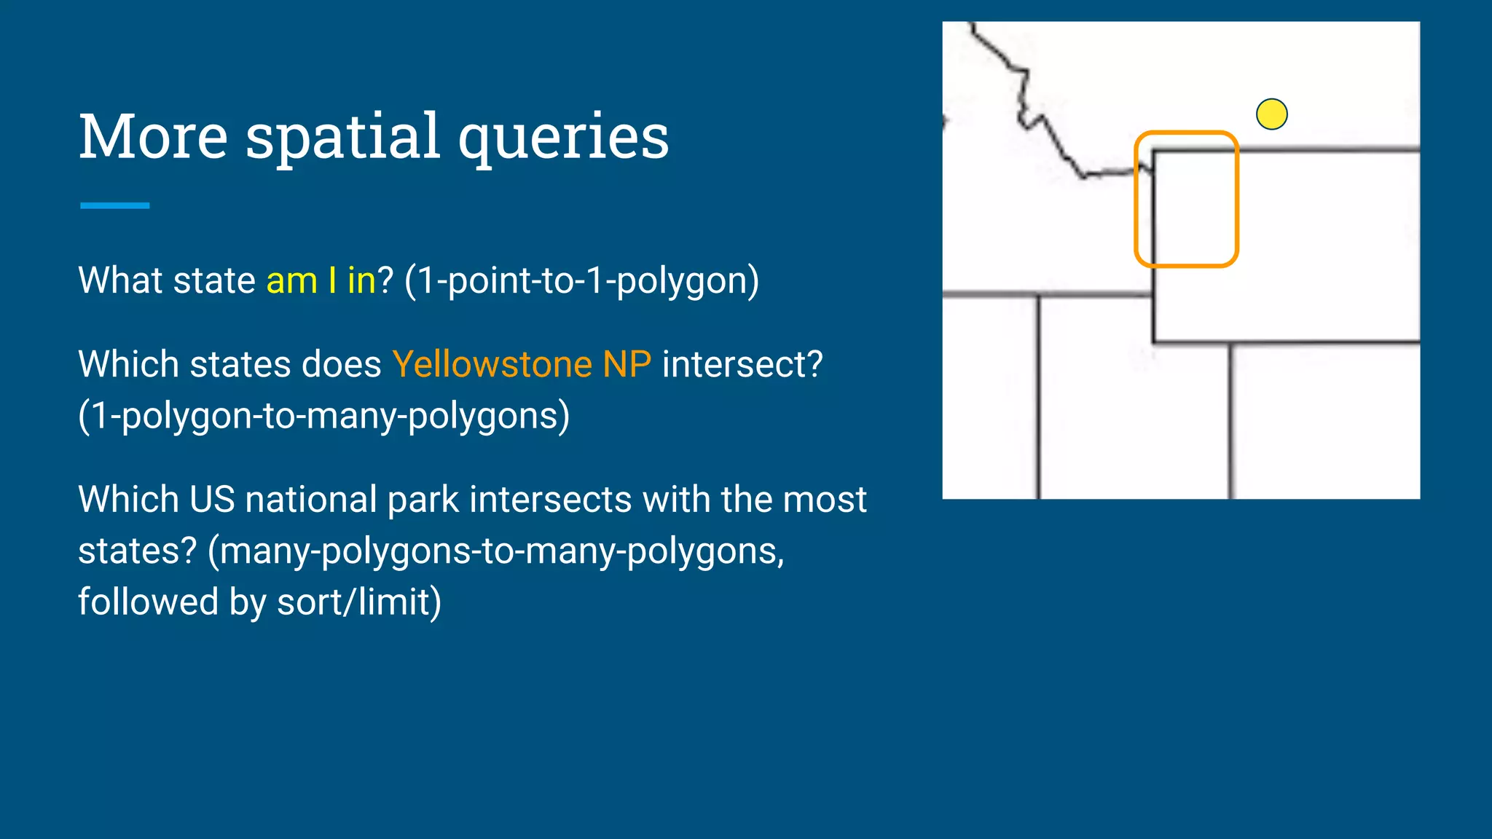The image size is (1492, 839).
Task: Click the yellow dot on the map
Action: tap(1271, 114)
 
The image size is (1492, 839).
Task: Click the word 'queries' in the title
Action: tap(563, 138)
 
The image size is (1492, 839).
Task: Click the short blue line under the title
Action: tap(114, 206)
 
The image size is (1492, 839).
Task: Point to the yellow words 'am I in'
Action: tap(321, 280)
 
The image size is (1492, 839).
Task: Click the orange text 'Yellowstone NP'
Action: tap(522, 364)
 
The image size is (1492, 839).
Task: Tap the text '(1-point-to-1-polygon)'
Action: tap(581, 281)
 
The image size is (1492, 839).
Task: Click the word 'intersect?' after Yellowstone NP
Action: tap(742, 364)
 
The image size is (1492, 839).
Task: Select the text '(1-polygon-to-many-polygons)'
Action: tap(323, 416)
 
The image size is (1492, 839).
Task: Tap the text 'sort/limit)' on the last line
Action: tap(359, 602)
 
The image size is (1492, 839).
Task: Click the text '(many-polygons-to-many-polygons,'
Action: tap(495, 551)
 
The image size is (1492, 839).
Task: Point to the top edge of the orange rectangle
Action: tap(1186, 133)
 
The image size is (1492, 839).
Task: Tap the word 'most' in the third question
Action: tap(830, 500)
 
